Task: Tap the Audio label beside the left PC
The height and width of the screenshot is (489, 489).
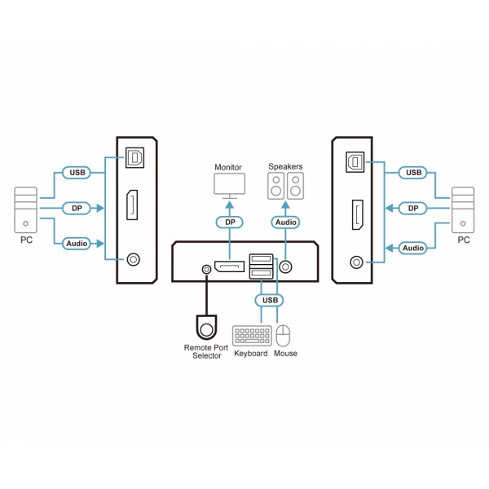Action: tap(76, 244)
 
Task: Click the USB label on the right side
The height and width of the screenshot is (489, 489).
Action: tap(414, 173)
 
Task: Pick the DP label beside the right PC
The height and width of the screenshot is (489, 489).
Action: tap(414, 209)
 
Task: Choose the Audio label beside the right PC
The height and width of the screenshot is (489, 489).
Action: tap(414, 247)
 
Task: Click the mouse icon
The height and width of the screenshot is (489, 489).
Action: tap(284, 336)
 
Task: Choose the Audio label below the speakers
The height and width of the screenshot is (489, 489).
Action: tap(285, 222)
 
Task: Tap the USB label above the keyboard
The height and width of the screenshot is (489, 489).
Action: tap(269, 301)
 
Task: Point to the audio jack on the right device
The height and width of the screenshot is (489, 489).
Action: tap(355, 262)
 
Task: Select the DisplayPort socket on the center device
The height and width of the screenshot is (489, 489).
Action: tap(230, 267)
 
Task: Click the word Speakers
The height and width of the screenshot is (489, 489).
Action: tap(285, 167)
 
